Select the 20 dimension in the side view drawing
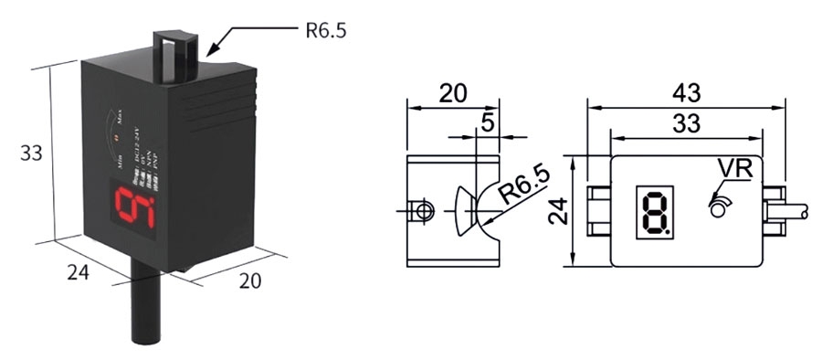click(452, 93)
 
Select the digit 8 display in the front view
click(654, 212)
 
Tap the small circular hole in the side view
click(423, 211)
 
